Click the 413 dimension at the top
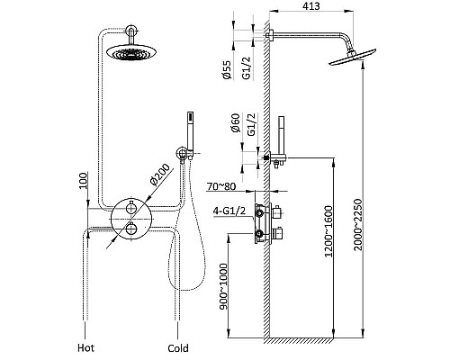tap(311, 6)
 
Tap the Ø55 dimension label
tap(228, 69)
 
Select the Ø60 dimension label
tap(236, 122)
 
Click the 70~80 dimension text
tap(221, 186)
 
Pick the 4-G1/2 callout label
tap(229, 211)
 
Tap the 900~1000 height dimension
tap(223, 286)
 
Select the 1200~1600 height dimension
tap(329, 231)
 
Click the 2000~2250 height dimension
tap(358, 225)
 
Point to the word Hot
tap(85, 348)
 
